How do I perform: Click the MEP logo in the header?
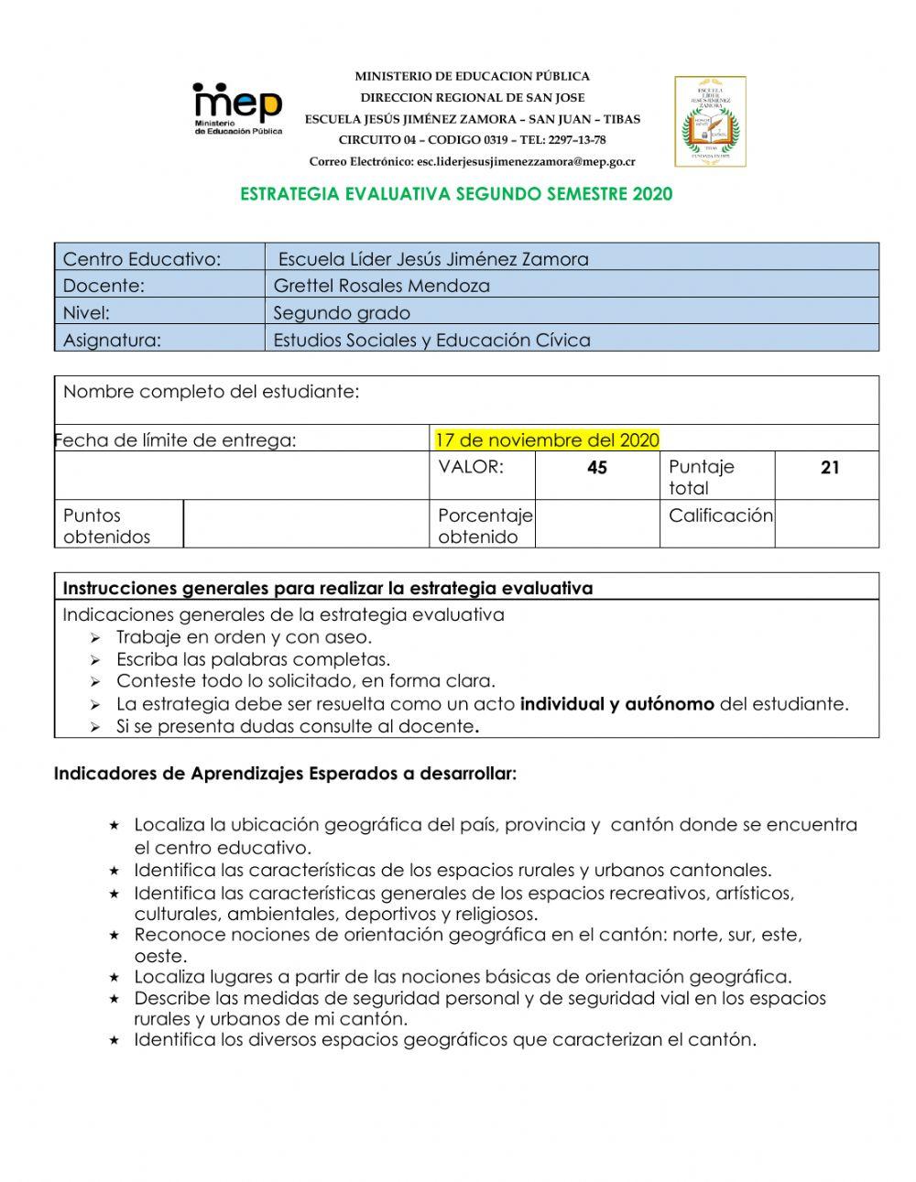point(236,108)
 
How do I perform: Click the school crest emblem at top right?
point(710,121)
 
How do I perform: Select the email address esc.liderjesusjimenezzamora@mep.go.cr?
point(525,162)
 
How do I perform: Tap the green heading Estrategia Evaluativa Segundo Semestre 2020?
point(455,194)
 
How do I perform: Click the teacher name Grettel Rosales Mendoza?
point(381,286)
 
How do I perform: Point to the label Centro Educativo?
point(142,259)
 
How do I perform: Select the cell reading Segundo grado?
point(342,313)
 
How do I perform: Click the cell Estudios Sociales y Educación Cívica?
point(431,341)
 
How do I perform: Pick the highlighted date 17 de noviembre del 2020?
point(547,440)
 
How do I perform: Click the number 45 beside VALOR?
point(597,468)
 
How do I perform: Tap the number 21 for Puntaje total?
point(830,468)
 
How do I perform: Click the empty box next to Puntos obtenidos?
point(306,524)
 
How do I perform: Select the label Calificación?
point(720,515)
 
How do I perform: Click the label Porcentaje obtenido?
point(484,526)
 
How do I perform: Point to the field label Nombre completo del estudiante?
point(211,393)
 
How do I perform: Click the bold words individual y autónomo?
point(616,704)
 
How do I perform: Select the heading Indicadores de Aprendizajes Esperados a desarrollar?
point(285,774)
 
